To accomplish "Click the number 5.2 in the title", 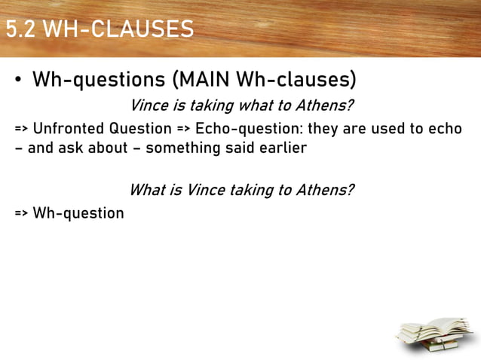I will point(21,29).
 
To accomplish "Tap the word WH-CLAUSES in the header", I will point(118,29).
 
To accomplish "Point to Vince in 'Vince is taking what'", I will point(149,105).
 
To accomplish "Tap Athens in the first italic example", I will point(325,105).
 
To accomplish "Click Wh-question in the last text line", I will point(78,212).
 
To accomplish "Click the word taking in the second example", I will point(256,189).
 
